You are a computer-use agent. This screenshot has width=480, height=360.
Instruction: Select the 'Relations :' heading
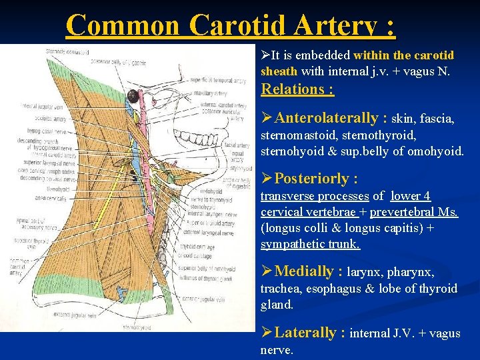pyautogui.click(x=297, y=89)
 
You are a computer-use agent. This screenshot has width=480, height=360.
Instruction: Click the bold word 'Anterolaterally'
pyautogui.click(x=326, y=119)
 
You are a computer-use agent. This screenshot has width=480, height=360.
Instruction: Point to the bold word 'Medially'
pyautogui.click(x=303, y=271)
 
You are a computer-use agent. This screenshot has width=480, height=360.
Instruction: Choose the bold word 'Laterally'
pyautogui.click(x=307, y=333)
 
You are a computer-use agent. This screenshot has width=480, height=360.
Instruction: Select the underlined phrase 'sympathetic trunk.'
pyautogui.click(x=310, y=244)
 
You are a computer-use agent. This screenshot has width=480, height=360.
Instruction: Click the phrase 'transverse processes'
pyautogui.click(x=314, y=196)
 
